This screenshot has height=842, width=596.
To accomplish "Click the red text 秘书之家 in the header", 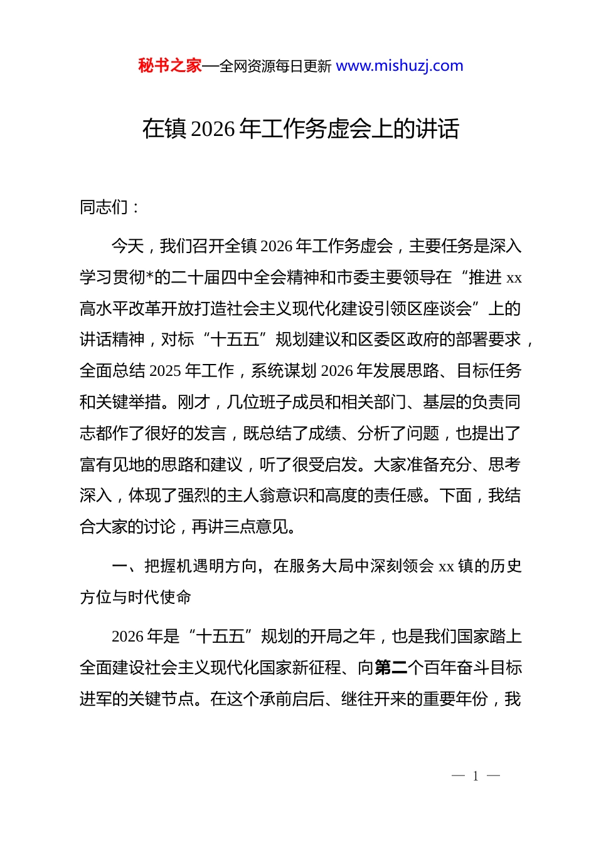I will click(170, 66).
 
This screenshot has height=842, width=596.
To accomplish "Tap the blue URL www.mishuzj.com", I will click(399, 66).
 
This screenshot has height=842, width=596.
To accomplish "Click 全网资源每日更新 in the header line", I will click(275, 66).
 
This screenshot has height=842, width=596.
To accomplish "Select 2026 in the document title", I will click(213, 129).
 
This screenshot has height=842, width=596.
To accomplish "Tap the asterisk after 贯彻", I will click(149, 278).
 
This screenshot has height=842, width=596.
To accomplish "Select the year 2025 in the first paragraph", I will click(165, 371).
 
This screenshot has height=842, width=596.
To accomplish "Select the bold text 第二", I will click(391, 668).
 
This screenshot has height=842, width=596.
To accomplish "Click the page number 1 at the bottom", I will click(476, 776).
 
